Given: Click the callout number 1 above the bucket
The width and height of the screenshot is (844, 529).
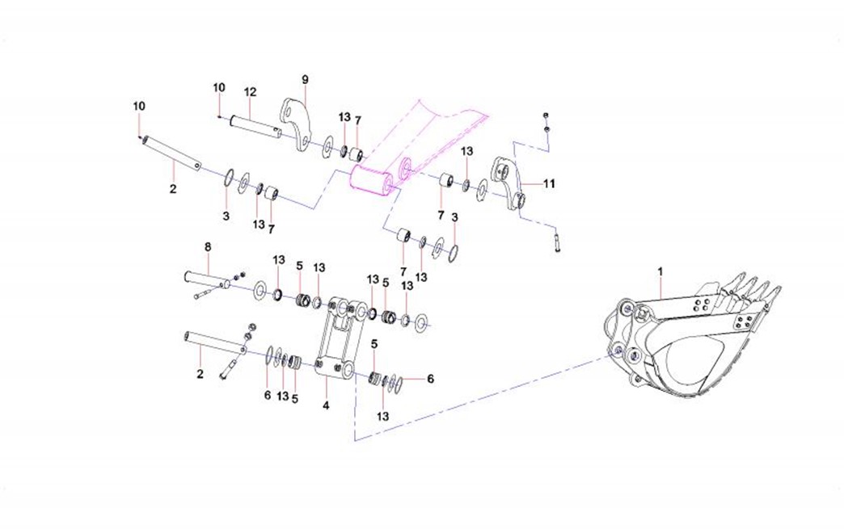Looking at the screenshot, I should pyautogui.click(x=661, y=271).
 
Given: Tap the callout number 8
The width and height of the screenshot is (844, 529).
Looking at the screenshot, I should pyautogui.click(x=207, y=247).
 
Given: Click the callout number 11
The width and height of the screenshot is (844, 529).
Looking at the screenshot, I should pyautogui.click(x=550, y=184).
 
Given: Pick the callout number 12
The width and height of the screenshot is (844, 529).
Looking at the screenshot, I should pyautogui.click(x=249, y=91).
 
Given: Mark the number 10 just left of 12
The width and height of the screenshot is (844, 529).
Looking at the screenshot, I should pyautogui.click(x=219, y=87).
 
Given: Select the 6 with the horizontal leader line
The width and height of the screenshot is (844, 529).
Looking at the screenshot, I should pyautogui.click(x=430, y=379).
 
